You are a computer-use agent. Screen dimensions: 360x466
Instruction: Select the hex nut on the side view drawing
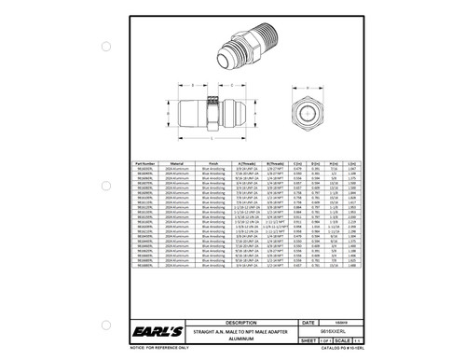click(211, 116)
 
